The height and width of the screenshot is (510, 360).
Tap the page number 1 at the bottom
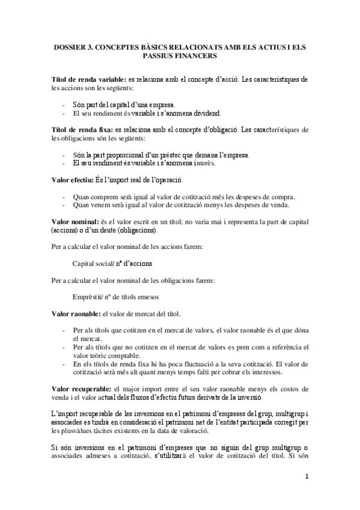[307, 478]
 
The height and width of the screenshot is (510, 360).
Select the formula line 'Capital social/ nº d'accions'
[112, 263]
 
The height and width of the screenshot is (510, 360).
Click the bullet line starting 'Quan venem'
[181, 205]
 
